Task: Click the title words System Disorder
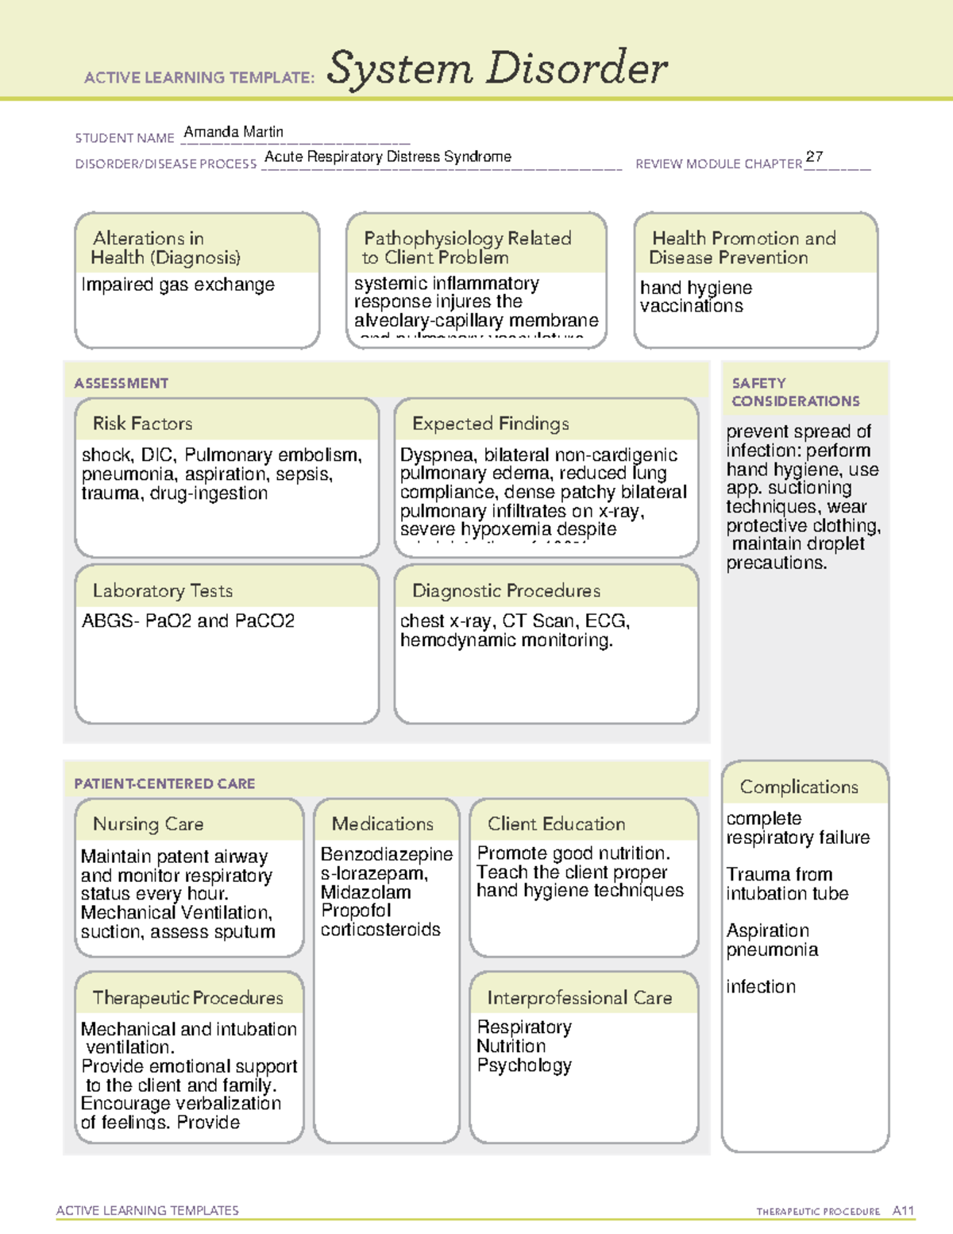point(497,68)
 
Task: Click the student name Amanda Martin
point(233,132)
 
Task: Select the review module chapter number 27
point(814,157)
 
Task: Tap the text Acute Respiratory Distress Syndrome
point(388,157)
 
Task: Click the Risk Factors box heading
point(142,424)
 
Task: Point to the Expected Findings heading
point(490,424)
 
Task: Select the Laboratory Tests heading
point(162,590)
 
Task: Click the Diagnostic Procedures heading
point(506,590)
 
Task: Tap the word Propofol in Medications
point(356,911)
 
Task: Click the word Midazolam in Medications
point(365,892)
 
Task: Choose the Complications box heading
point(798,787)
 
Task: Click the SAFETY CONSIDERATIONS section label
point(795,392)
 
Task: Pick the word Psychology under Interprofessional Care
point(524,1066)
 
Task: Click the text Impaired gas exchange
point(178,284)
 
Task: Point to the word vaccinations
point(692,306)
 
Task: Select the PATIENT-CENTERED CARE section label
point(164,783)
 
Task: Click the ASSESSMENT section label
point(121,383)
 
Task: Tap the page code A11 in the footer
point(903,1210)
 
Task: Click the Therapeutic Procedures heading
point(187,997)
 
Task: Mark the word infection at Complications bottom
point(760,987)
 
